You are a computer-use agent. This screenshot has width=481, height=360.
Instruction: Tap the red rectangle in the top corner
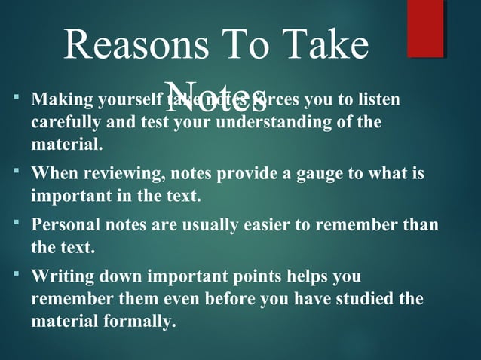[425, 29]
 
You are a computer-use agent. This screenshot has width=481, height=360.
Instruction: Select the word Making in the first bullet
[58, 100]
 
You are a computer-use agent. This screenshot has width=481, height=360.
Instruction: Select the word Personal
[65, 225]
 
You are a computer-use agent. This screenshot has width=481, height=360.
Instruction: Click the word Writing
[60, 276]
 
